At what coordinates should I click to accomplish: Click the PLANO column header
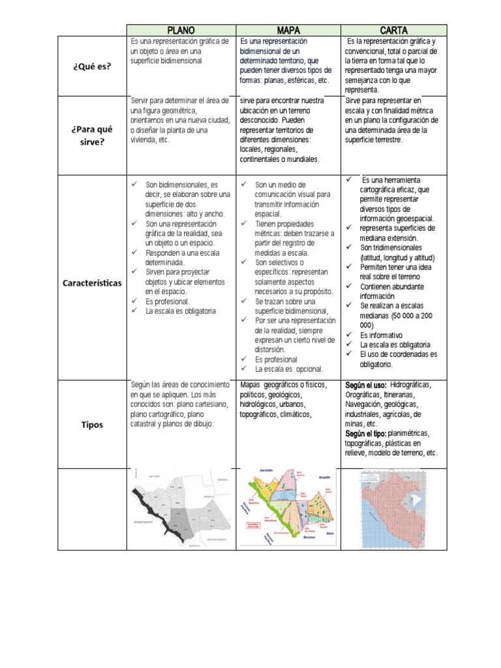[181, 30]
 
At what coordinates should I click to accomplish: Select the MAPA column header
[288, 30]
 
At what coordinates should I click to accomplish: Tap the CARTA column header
[393, 30]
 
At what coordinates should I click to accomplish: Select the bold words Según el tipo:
[366, 433]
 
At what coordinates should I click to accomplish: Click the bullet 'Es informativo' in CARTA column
[381, 335]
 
